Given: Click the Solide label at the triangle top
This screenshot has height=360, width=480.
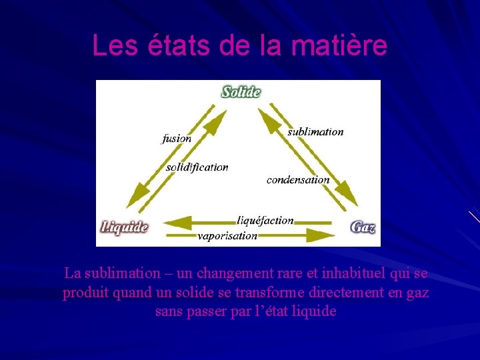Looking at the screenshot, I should (241, 91).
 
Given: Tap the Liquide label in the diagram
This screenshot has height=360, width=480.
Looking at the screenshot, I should (124, 227).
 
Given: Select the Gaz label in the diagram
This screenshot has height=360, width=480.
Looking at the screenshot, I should (363, 227).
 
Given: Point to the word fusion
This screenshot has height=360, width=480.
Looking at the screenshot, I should (177, 139).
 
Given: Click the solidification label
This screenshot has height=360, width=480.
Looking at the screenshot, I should (197, 167).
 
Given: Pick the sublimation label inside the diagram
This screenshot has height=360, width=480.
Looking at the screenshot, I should (315, 132).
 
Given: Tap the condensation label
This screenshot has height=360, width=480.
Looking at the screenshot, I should (298, 179).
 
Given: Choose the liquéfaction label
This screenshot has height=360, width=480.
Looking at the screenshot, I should (265, 220).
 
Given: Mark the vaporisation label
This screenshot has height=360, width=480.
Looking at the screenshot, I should (227, 235).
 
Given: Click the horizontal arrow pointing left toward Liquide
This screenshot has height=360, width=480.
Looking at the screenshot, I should (200, 221).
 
